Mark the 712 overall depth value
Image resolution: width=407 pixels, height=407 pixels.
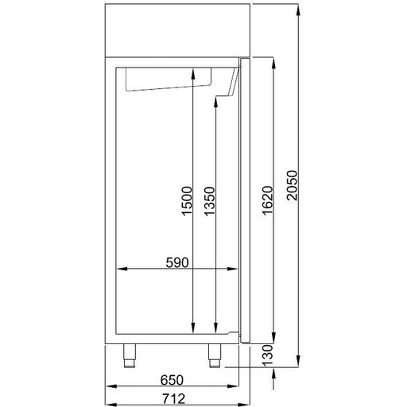(x=174, y=398)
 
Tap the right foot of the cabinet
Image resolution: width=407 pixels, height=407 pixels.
(x=214, y=355)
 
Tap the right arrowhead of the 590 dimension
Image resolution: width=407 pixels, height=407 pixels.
(x=236, y=269)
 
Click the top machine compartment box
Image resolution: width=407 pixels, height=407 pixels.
(x=177, y=29)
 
